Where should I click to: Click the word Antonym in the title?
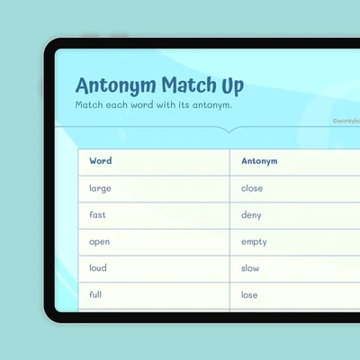click(x=116, y=86)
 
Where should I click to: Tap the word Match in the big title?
click(x=189, y=85)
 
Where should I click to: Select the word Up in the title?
click(x=233, y=86)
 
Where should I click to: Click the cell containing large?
click(x=154, y=189)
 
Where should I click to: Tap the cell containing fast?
click(x=154, y=216)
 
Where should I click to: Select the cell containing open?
click(x=154, y=242)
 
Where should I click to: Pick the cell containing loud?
click(x=154, y=269)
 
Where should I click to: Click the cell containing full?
click(x=154, y=295)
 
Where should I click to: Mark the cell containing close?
click(x=295, y=189)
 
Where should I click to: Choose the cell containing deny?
click(x=295, y=216)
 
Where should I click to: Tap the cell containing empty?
click(x=295, y=242)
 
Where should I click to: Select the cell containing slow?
click(x=295, y=269)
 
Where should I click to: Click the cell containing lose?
click(x=295, y=295)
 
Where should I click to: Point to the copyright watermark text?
click(x=346, y=121)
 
